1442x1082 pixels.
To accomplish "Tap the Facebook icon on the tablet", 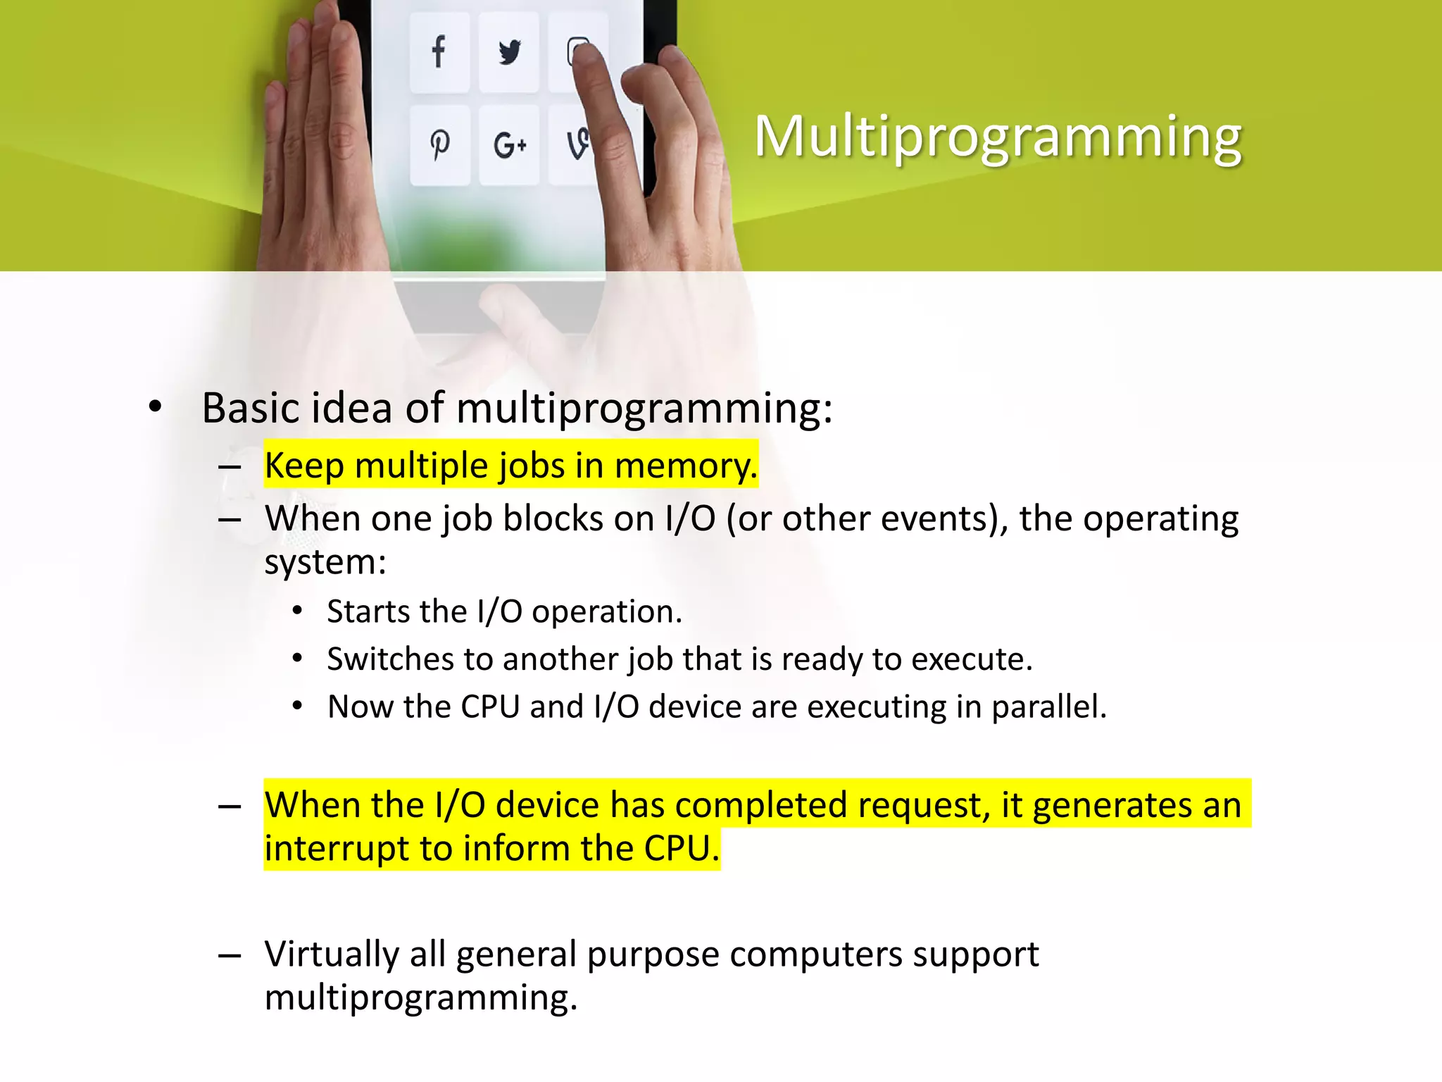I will [x=439, y=51].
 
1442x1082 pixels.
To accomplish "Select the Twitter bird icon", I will [x=509, y=51].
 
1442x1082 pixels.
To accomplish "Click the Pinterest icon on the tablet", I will [x=439, y=144].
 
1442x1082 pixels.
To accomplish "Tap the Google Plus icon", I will [x=509, y=146].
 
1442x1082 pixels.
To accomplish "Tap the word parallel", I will [x=1048, y=707].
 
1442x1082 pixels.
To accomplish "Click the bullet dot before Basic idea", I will [x=156, y=407].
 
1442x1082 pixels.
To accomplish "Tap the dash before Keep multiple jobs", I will [x=230, y=466].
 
